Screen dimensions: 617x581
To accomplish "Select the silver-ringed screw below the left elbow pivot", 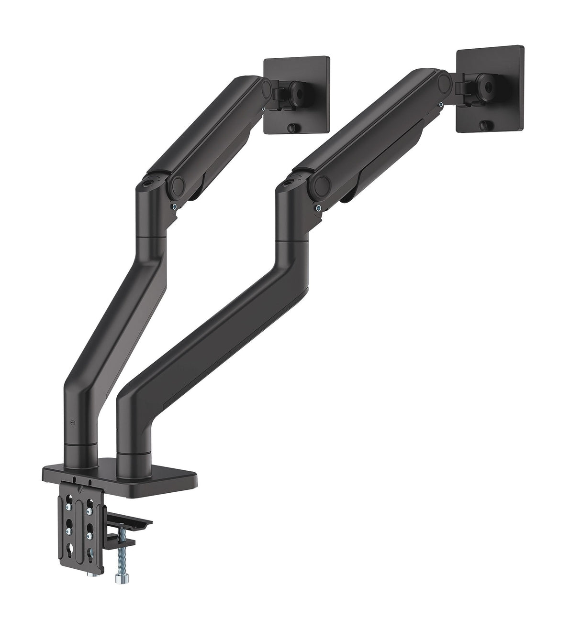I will coord(174,206).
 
